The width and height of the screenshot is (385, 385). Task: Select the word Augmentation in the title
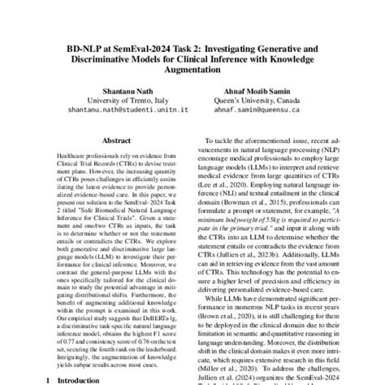192,71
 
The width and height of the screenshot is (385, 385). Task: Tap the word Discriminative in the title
108,59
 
